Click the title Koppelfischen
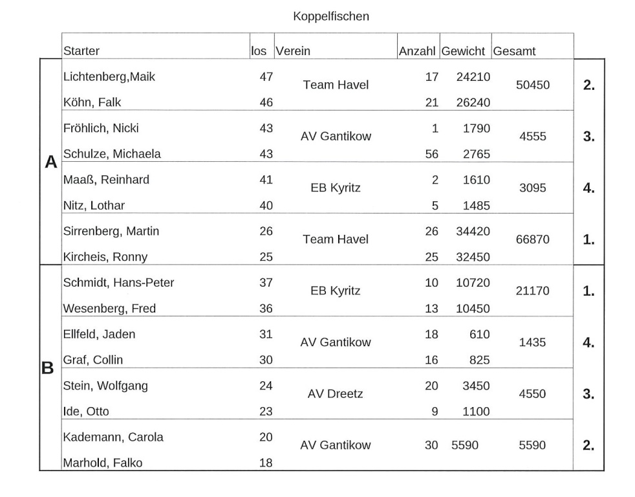(x=330, y=16)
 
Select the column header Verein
(x=292, y=51)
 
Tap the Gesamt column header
(x=514, y=51)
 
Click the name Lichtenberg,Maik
(x=109, y=77)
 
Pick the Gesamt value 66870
(x=532, y=239)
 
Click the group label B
(x=48, y=368)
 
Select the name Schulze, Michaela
(x=112, y=154)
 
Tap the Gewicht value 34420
(x=473, y=231)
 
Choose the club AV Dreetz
(x=336, y=394)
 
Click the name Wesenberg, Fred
(x=109, y=309)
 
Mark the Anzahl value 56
(x=431, y=154)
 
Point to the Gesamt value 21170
(x=532, y=291)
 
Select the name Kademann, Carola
(x=113, y=437)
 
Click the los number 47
(x=266, y=77)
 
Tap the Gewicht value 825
(x=479, y=360)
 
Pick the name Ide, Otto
(x=85, y=411)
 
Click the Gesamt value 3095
(x=532, y=188)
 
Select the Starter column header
(x=81, y=51)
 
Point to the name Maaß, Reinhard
(x=106, y=180)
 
